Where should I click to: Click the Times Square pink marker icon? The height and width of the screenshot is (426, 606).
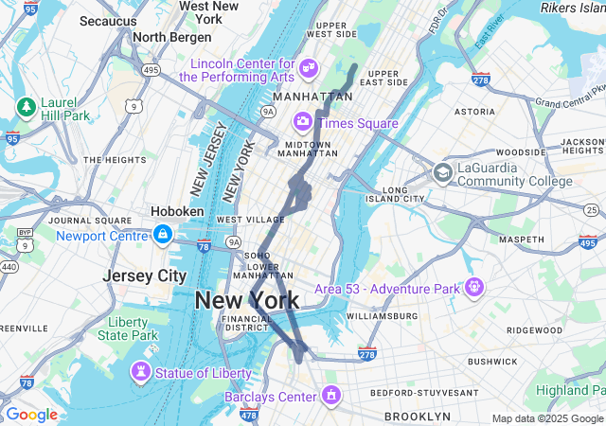coord(303,120)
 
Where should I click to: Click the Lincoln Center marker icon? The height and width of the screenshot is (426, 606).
coord(308,67)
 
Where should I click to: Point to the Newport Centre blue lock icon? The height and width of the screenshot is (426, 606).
coord(163,233)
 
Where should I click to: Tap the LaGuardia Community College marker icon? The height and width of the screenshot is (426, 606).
coord(442,173)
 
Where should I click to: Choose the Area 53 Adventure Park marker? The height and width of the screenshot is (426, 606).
coord(474,286)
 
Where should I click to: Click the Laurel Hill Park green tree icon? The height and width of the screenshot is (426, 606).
coord(26,105)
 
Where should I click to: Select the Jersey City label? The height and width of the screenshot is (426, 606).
coord(145,275)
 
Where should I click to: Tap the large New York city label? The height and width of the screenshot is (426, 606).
coord(247,301)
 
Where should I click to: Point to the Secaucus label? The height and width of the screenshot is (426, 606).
coord(109,20)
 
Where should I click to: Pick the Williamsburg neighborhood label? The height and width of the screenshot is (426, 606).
coord(383,315)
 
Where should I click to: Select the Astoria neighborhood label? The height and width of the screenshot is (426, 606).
coord(474,112)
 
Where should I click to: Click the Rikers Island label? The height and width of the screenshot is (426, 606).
coord(572,8)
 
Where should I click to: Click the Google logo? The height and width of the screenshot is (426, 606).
coord(31,415)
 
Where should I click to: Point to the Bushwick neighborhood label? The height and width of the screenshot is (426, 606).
coord(491,362)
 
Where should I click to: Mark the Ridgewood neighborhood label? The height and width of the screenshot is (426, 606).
coord(534,329)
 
